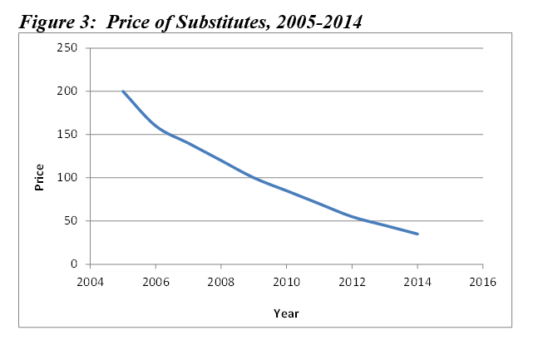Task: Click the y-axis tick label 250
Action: [x=69, y=48]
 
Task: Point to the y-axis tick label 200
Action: [x=69, y=91]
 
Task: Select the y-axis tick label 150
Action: [x=69, y=135]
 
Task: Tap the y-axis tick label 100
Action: [x=69, y=178]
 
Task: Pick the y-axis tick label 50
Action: [x=72, y=221]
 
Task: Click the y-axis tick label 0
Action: [x=75, y=264]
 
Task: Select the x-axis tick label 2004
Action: [x=90, y=281]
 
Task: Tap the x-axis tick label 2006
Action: [x=155, y=281]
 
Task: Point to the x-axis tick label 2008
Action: [x=221, y=281]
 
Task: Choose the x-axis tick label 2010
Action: [x=286, y=281]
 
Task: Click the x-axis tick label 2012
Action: [x=352, y=281]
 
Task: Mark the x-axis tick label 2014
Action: [x=417, y=281]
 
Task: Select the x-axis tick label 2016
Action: [x=483, y=281]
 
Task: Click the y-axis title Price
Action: [x=40, y=177]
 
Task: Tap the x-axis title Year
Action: [x=286, y=313]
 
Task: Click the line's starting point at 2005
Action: [x=123, y=91]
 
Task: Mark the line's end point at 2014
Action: [x=417, y=234]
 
